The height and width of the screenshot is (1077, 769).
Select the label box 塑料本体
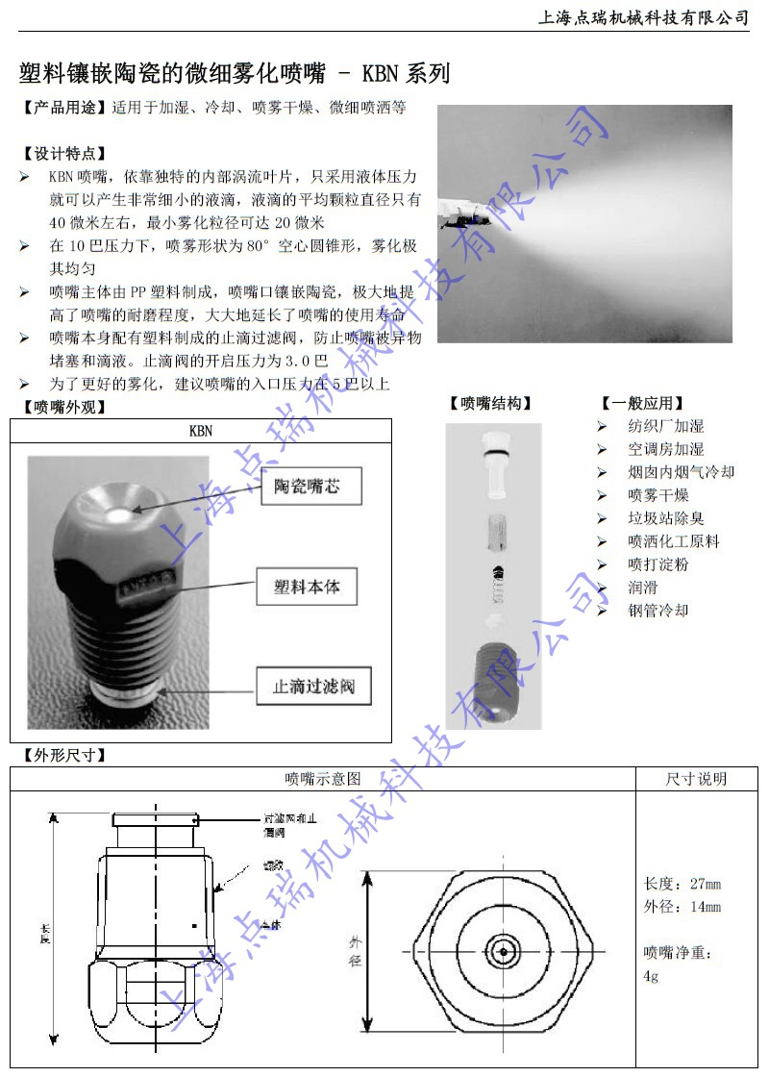[307, 586]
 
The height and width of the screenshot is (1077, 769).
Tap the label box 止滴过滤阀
[313, 688]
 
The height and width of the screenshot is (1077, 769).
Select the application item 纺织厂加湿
[665, 426]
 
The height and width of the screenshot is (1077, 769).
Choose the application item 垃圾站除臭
[665, 518]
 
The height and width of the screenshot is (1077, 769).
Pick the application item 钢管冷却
[657, 611]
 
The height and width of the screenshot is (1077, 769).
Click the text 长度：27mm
[682, 885]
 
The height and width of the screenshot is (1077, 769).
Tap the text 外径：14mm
[682, 907]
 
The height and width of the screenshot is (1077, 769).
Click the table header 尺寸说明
[696, 779]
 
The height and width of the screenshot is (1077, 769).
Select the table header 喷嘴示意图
[323, 779]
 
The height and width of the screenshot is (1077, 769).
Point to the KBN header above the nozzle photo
[201, 431]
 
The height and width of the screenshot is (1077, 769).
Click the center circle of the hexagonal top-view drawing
[501, 951]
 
